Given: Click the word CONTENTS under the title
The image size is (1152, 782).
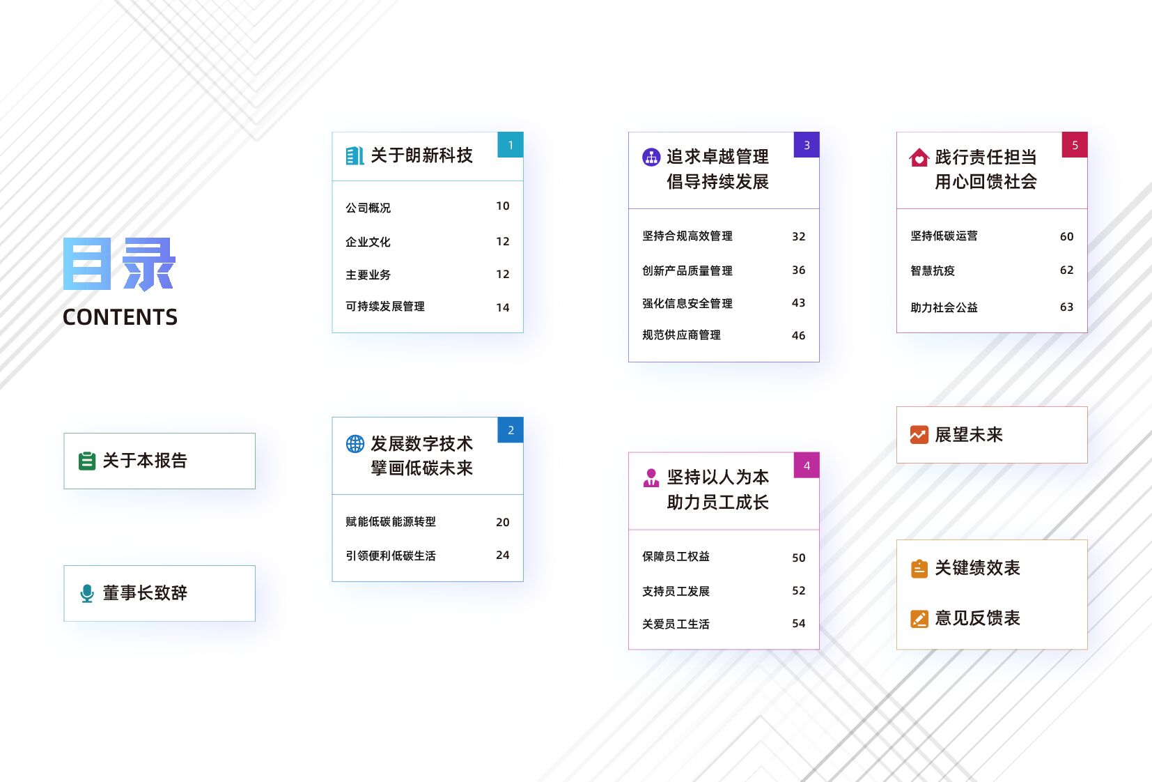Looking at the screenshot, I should (120, 317).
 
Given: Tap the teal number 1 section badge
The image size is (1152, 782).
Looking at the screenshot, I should (511, 145).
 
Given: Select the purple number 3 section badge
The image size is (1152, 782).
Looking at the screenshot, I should (807, 145).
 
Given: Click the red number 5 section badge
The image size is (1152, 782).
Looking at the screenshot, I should (1075, 145).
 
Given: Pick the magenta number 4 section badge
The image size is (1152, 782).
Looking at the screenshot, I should (807, 466).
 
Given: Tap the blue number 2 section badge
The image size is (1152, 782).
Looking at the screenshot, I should (511, 430).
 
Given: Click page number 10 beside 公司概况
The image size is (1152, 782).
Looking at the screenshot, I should (502, 206).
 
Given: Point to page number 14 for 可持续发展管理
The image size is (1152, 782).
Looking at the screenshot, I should (502, 307).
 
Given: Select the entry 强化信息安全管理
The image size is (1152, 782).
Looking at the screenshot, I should (687, 303).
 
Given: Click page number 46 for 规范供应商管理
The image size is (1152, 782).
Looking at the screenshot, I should (798, 335).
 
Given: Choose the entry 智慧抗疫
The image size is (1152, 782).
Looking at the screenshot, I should (932, 270).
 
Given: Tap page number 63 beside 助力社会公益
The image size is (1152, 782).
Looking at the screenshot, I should (1066, 307).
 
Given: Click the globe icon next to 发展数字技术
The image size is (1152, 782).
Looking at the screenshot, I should (355, 444).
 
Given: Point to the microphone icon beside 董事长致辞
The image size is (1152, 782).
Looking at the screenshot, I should (87, 593).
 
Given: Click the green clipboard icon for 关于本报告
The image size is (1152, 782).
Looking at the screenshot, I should (87, 461).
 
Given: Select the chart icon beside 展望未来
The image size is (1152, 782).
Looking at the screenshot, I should (919, 435).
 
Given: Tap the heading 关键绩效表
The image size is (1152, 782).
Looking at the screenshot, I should (977, 568).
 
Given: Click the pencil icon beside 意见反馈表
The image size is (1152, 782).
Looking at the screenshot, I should (919, 618).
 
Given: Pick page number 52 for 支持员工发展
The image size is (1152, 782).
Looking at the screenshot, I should (798, 591).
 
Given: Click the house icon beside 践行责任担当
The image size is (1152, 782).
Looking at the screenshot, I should (919, 158).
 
